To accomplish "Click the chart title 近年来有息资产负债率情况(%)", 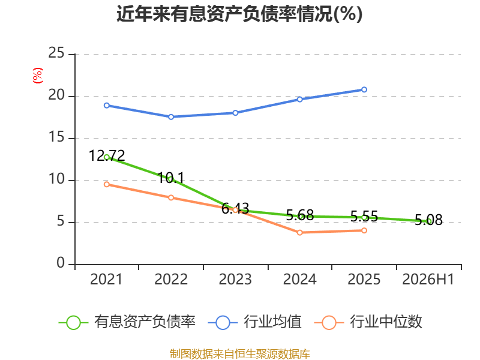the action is [239, 14].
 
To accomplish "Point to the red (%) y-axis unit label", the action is [38, 76].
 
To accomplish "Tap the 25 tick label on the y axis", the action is [56, 53].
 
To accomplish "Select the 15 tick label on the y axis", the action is [56, 137].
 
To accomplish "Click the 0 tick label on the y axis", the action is [61, 263].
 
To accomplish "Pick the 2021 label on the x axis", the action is [106, 280].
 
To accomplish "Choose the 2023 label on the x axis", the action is [235, 280].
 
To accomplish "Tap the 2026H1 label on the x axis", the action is [428, 280].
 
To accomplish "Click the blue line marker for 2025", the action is [364, 89].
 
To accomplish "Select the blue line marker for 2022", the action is [171, 117].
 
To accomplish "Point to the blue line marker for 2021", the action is [107, 106].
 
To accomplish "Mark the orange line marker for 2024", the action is [299, 233].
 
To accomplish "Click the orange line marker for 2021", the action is [107, 184].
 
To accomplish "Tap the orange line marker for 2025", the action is [364, 230].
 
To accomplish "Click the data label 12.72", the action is [107, 156].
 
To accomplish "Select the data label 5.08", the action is [428, 220].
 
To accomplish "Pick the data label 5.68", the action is [300, 215].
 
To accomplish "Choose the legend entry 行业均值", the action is [254, 322].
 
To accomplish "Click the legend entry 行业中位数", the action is [368, 322].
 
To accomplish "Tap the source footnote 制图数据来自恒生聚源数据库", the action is [240, 354].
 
